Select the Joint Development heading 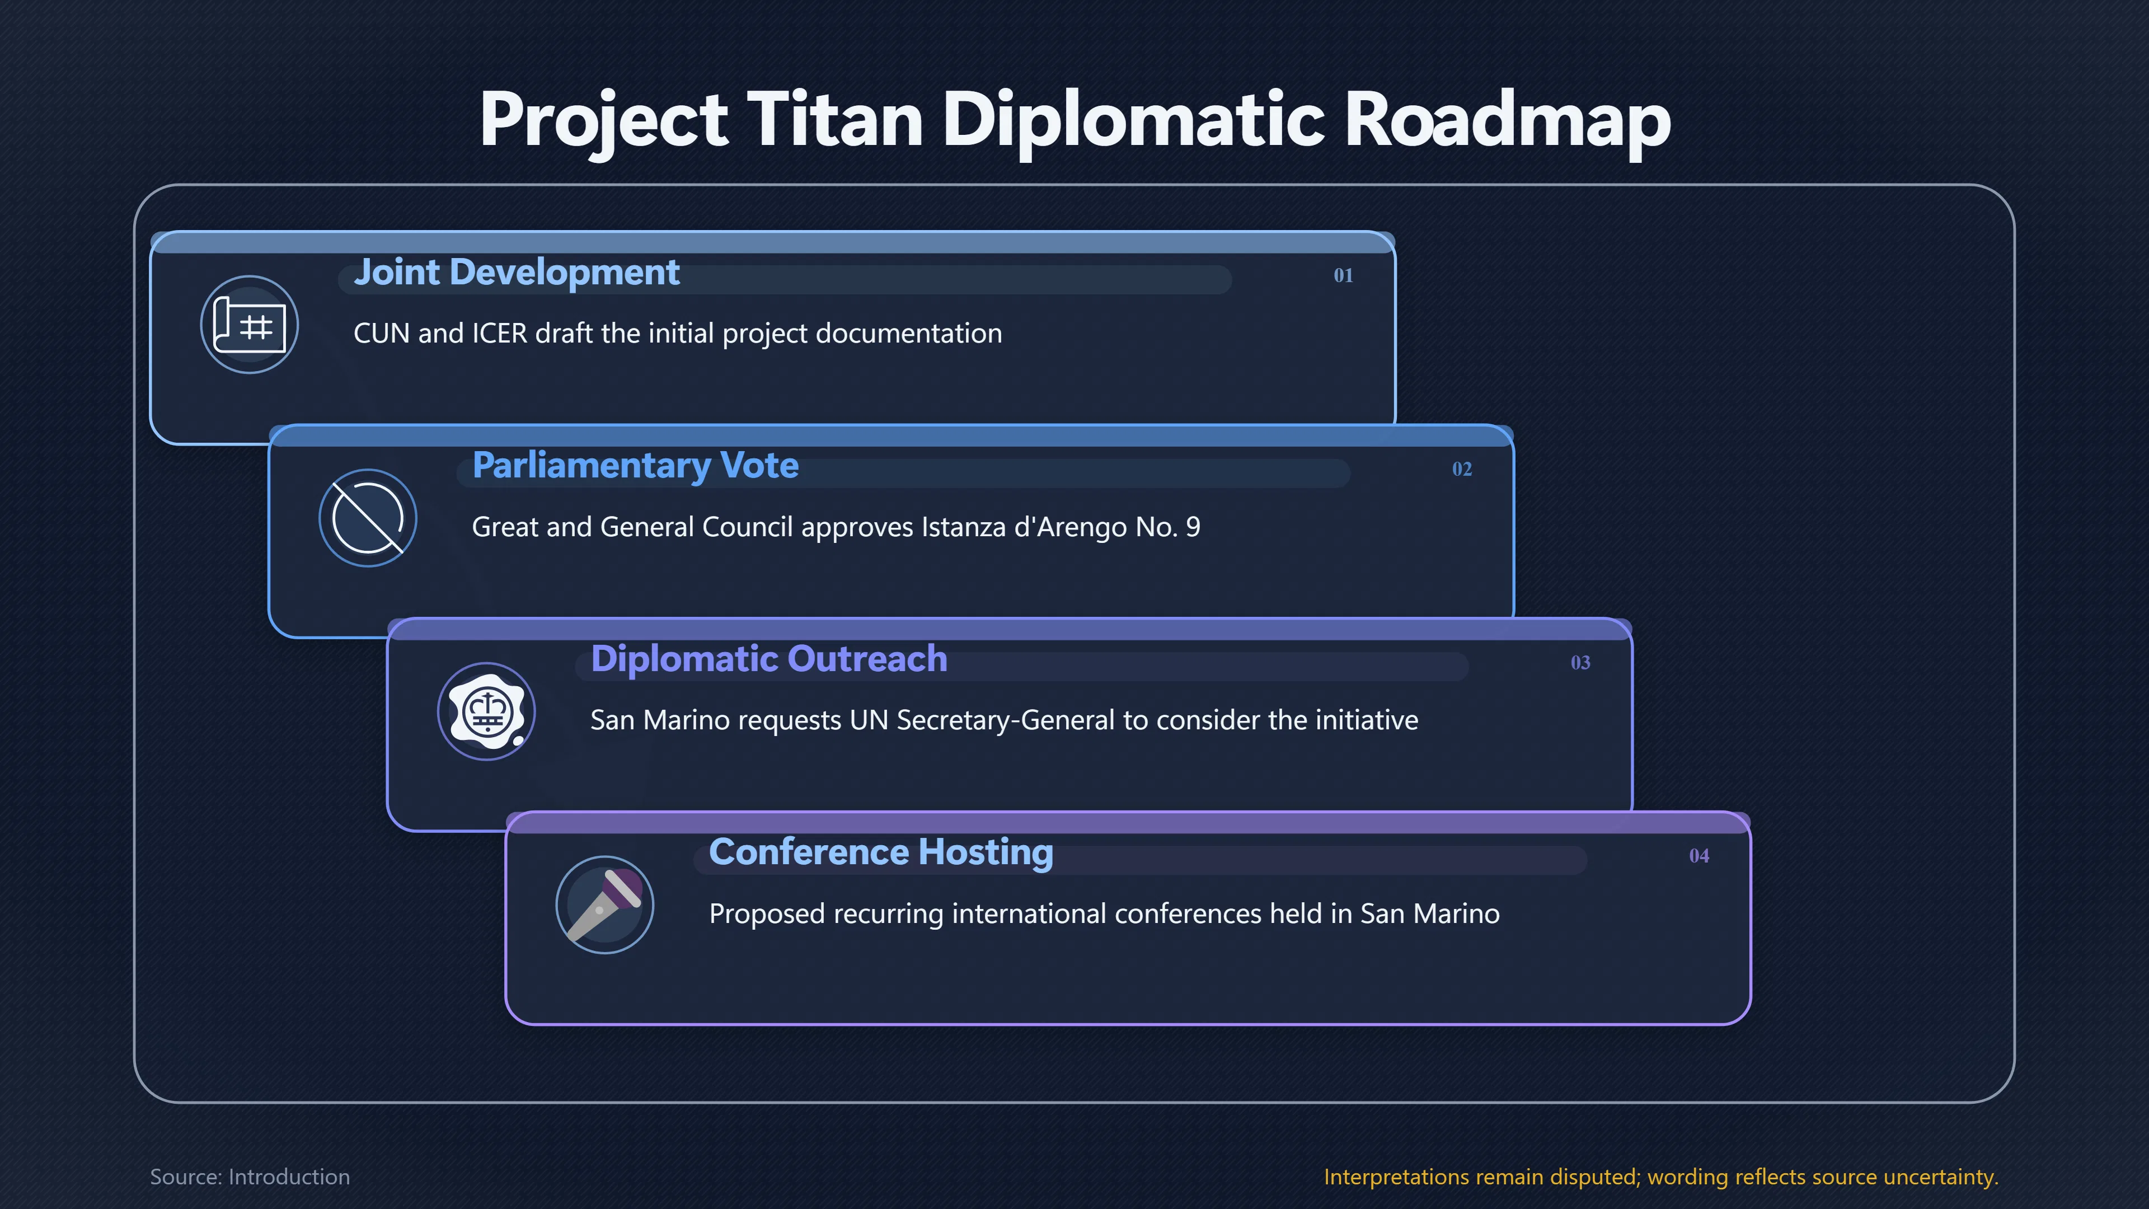coord(517,273)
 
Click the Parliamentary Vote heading coord(635,466)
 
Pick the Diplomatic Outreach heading coord(769,659)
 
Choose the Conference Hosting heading coord(881,852)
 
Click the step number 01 coord(1343,275)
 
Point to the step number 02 coord(1462,469)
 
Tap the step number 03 coord(1580,663)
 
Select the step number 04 coord(1698,856)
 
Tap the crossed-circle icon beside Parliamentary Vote coord(368,518)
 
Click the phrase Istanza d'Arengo coord(1025,527)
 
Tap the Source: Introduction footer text coord(250,1177)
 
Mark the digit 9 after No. coord(1193,527)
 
